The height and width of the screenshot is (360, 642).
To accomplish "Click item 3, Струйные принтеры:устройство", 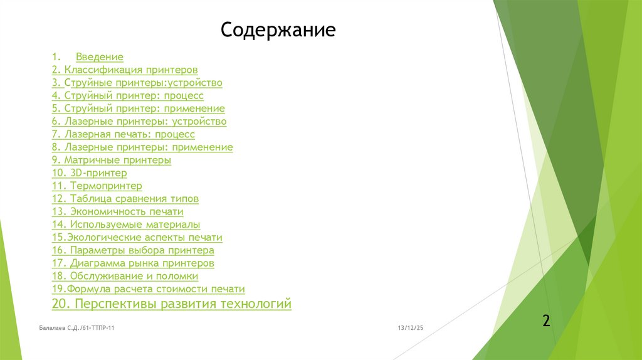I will click(137, 83).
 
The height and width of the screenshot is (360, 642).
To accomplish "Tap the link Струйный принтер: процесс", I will click(128, 95).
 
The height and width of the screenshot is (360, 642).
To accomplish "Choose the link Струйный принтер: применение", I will click(139, 109).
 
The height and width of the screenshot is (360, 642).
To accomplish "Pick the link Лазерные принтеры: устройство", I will click(139, 121).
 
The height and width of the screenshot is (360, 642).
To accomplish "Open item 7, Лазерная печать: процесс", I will click(124, 134).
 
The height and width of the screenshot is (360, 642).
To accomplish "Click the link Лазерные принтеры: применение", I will click(142, 147).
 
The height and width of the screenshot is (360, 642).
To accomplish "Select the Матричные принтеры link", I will click(112, 160).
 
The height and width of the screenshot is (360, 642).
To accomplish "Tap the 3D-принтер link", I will click(90, 173).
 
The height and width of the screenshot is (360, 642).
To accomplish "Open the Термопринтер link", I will click(97, 186).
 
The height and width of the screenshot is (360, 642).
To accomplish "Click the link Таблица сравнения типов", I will click(125, 199).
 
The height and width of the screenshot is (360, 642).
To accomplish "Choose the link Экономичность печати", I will click(118, 211).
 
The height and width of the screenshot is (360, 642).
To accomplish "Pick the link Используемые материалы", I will click(126, 225).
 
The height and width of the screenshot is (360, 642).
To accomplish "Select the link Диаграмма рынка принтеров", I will click(133, 263).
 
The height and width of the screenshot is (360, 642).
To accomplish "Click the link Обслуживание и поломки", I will click(125, 276).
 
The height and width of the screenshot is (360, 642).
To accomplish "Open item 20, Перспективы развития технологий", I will click(172, 304).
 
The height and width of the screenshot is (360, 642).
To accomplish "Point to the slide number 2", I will click(546, 321).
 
